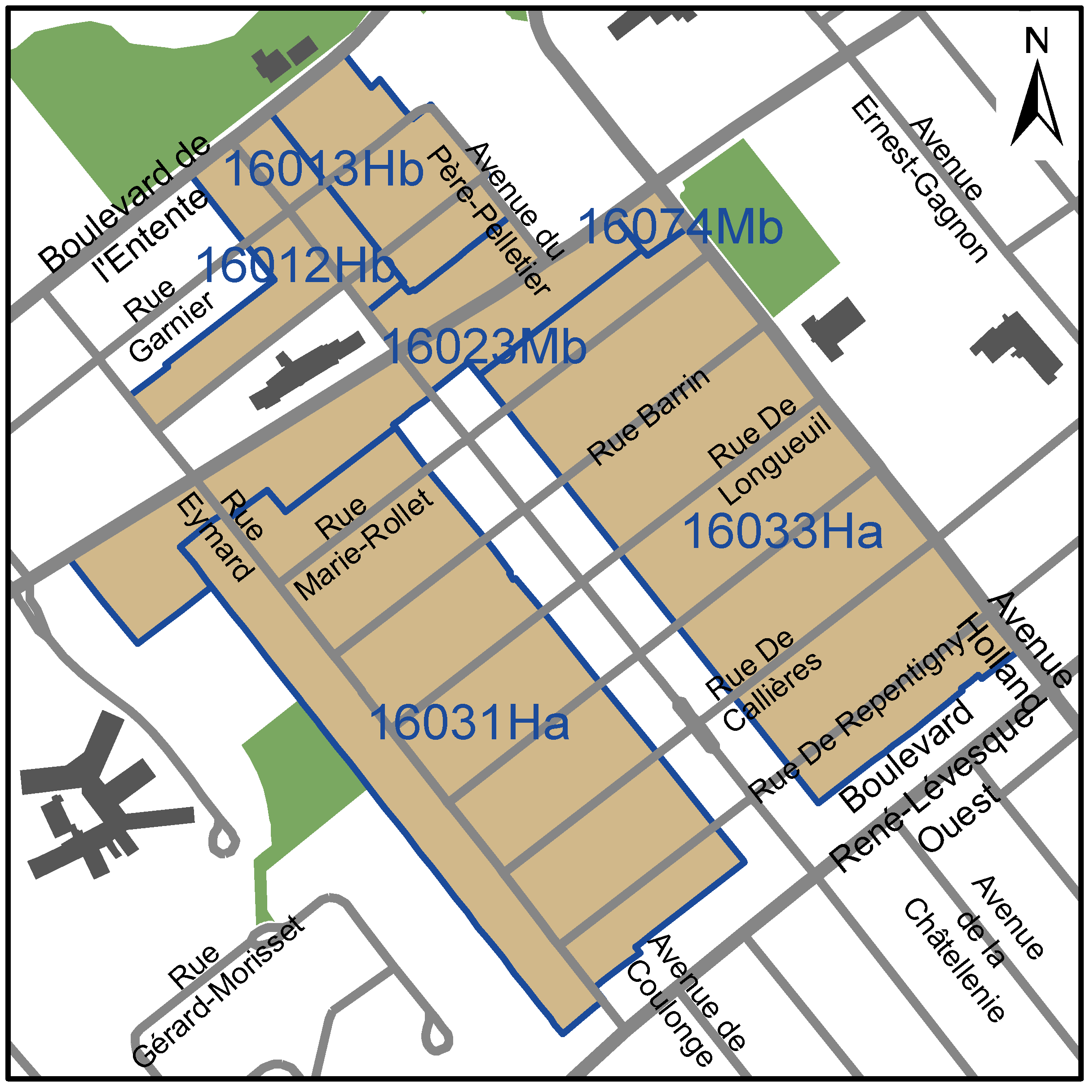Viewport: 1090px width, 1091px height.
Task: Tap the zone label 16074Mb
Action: [680, 227]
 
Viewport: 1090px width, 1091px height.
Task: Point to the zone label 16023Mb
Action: [485, 347]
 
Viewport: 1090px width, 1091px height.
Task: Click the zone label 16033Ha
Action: [782, 531]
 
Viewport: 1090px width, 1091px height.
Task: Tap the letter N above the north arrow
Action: [1037, 41]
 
